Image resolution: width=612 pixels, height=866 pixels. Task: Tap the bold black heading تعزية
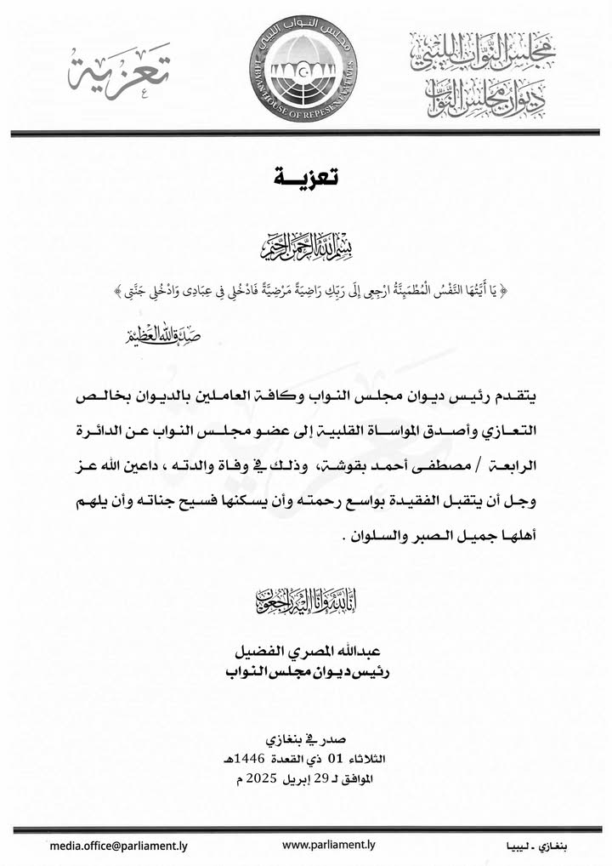click(306, 178)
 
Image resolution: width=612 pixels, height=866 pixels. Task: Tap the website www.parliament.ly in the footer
click(328, 845)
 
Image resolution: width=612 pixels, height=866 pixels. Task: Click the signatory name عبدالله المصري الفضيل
click(305, 653)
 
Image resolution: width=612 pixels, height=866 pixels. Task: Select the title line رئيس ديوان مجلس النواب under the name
click(305, 672)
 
